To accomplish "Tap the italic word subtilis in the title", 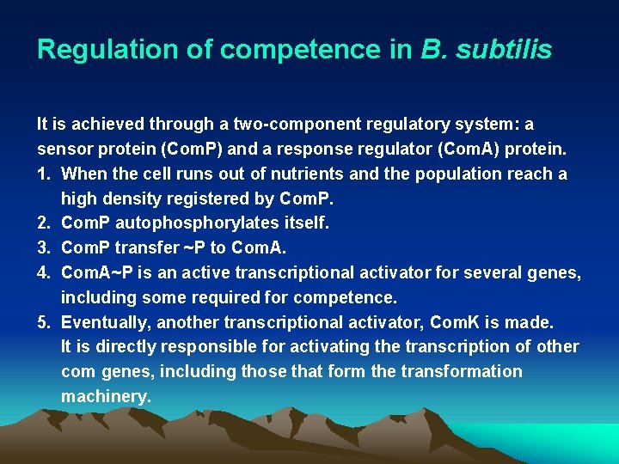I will pyautogui.click(x=506, y=50).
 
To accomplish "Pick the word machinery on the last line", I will pyautogui.click(x=106, y=397).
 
